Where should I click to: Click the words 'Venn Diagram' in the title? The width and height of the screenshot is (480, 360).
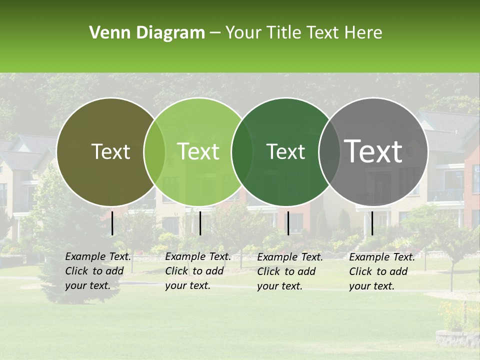click(x=147, y=33)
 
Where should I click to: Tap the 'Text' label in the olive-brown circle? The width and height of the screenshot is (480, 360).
click(x=110, y=151)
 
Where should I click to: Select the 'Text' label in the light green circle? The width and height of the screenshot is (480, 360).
click(x=198, y=151)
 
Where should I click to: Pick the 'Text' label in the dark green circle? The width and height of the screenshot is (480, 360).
click(x=286, y=151)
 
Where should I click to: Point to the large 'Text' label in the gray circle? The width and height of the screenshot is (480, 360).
click(x=373, y=151)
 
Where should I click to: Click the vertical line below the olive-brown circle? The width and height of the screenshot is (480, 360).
click(x=112, y=223)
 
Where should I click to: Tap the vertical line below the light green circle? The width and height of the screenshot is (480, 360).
click(x=200, y=223)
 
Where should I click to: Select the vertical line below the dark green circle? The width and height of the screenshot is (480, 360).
click(x=288, y=223)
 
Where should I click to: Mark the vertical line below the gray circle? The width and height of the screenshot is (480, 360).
click(x=372, y=223)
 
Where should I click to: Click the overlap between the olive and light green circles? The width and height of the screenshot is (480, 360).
click(x=154, y=151)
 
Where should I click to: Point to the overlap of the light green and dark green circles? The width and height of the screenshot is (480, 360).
click(x=242, y=151)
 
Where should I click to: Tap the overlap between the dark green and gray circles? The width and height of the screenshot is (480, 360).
click(x=329, y=151)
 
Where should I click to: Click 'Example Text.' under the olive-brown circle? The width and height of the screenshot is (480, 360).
click(x=98, y=256)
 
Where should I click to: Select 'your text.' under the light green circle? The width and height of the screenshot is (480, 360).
click(x=187, y=285)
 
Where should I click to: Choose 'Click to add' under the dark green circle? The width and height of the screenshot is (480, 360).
click(x=286, y=271)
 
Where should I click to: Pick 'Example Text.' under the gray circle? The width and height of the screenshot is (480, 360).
click(x=382, y=257)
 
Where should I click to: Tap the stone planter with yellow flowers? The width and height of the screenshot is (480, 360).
click(x=456, y=337)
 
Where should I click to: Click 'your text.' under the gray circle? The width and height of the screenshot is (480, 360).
click(x=371, y=286)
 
